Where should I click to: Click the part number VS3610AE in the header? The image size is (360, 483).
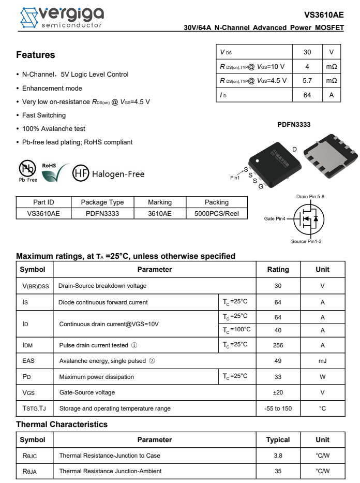[x=324, y=15]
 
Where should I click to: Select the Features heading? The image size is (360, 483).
[x=35, y=55]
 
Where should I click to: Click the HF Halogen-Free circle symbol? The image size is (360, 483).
[x=81, y=173]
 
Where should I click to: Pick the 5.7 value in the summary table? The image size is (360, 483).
[x=307, y=81]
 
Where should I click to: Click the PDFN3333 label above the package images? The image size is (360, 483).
[x=294, y=125]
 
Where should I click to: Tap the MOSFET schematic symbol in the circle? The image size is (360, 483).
[x=308, y=219]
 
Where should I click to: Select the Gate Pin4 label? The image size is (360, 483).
[x=275, y=219]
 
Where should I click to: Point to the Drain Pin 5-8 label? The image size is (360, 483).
[x=310, y=197]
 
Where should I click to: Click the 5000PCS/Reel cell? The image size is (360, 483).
[x=216, y=213]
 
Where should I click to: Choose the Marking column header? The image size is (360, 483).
[x=160, y=202]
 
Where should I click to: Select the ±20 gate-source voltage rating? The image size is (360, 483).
[x=278, y=392]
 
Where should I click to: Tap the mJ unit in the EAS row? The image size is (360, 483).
[x=322, y=361]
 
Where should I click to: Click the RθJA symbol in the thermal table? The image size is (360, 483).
[x=29, y=471]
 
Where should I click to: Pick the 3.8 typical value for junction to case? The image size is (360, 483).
[x=278, y=456]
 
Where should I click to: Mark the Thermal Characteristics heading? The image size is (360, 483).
[x=62, y=425]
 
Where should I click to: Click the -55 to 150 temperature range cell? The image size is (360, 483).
[x=278, y=408]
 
